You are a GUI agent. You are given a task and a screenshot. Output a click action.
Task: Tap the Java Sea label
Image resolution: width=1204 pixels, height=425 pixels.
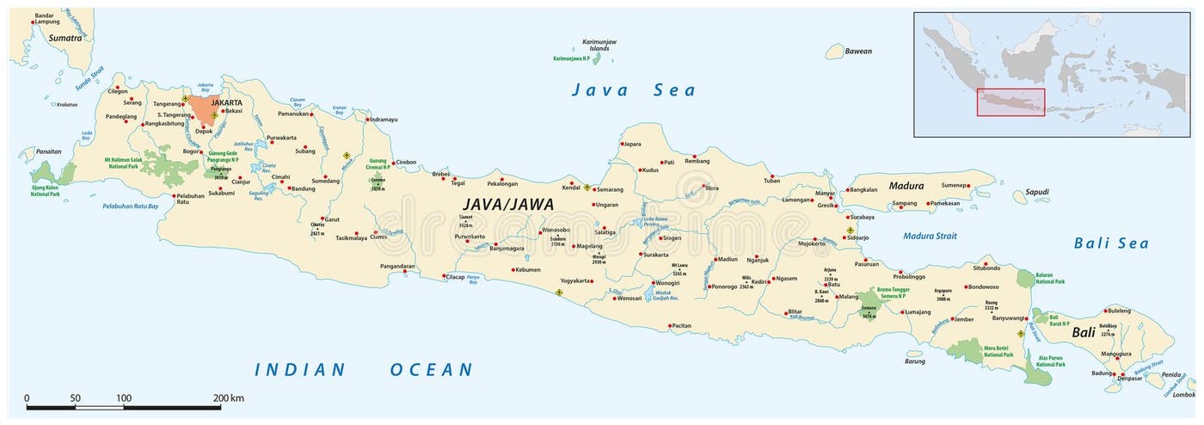(634, 90)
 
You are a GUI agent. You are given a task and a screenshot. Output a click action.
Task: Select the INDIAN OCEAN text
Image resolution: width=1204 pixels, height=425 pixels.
(363, 370)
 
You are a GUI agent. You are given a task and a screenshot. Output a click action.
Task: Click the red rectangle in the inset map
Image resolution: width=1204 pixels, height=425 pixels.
(1010, 102)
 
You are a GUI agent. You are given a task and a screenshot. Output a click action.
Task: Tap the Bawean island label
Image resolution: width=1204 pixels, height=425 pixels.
(857, 51)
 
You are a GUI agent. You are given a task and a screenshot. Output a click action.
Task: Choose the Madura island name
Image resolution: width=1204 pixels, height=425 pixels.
(906, 186)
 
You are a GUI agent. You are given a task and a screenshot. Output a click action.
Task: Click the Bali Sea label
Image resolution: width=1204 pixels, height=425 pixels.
(1111, 243)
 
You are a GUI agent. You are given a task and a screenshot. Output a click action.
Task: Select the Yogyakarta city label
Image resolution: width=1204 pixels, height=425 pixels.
(575, 280)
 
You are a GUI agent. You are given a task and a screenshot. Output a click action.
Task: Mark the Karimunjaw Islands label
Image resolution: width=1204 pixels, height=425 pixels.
(599, 45)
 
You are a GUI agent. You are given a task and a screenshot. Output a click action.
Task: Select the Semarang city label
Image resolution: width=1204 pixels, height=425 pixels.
(609, 189)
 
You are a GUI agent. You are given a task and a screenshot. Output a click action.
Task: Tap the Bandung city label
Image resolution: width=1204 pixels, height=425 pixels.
(302, 188)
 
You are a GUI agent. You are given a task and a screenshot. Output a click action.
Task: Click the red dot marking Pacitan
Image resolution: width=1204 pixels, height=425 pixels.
(669, 326)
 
